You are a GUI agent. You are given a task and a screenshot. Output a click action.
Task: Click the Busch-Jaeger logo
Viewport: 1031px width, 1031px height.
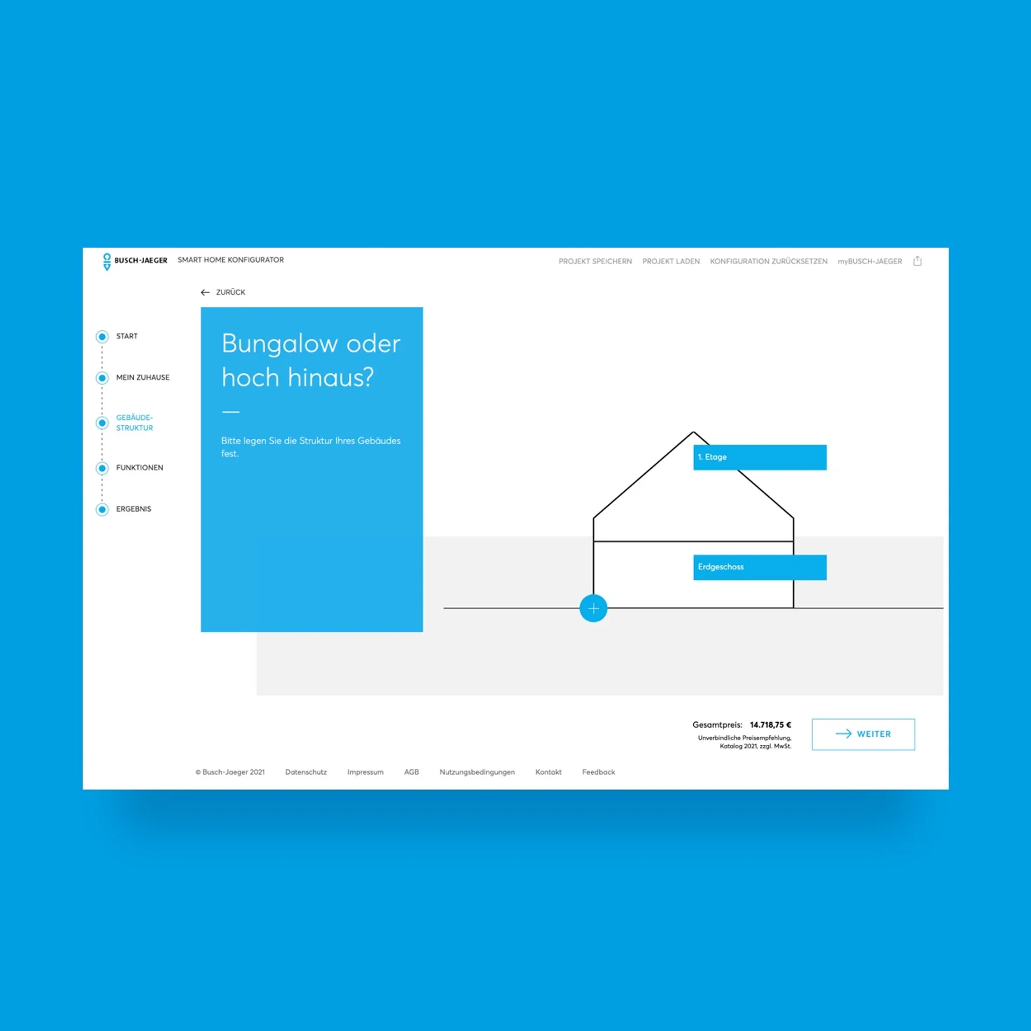pyautogui.click(x=135, y=262)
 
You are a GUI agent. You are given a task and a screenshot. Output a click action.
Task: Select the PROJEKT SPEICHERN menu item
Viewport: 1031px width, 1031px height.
pyautogui.click(x=595, y=262)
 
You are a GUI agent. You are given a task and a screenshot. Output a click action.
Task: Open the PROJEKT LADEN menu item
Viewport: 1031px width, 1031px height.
pyautogui.click(x=671, y=262)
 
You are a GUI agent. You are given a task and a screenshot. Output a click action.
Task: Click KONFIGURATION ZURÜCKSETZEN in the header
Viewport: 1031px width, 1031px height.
pyautogui.click(x=768, y=262)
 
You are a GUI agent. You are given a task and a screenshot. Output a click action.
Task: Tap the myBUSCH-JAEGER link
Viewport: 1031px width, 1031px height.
pyautogui.click(x=870, y=262)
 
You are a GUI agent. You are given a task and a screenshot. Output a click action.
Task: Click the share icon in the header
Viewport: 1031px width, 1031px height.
pyautogui.click(x=917, y=261)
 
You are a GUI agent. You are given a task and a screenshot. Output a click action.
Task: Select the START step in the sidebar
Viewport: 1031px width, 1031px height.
pyautogui.click(x=127, y=336)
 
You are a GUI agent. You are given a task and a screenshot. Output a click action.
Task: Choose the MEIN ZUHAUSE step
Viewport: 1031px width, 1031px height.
pyautogui.click(x=143, y=377)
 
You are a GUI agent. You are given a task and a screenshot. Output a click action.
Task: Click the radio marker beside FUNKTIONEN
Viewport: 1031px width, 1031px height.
pyautogui.click(x=102, y=468)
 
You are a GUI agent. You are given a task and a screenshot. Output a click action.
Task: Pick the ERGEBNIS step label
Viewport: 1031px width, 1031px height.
pyautogui.click(x=134, y=509)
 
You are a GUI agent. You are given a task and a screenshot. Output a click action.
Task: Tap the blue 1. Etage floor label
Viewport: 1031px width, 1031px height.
pyautogui.click(x=760, y=457)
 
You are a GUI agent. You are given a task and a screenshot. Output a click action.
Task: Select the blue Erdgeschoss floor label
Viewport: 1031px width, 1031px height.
pyautogui.click(x=760, y=567)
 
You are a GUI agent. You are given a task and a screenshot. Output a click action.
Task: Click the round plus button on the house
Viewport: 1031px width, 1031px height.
pyautogui.click(x=593, y=608)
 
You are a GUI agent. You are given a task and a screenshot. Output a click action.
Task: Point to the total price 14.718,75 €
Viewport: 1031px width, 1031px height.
pyautogui.click(x=771, y=725)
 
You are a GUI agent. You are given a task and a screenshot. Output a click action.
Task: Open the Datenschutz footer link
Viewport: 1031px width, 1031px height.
pyautogui.click(x=306, y=772)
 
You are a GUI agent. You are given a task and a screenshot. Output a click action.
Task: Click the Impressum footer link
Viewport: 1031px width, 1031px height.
pyautogui.click(x=365, y=772)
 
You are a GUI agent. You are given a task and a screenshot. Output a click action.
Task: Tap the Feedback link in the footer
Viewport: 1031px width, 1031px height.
pyautogui.click(x=598, y=772)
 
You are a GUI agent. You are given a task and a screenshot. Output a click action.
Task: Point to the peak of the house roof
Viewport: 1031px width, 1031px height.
pyautogui.click(x=693, y=432)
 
